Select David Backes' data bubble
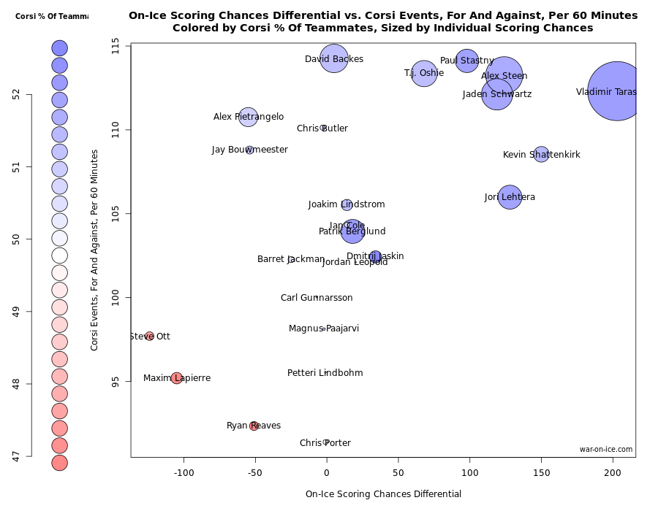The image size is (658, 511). pyautogui.click(x=334, y=58)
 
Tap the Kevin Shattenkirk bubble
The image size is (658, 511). pyautogui.click(x=541, y=154)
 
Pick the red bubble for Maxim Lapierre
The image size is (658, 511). pyautogui.click(x=176, y=378)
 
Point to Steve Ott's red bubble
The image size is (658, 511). pyautogui.click(x=149, y=337)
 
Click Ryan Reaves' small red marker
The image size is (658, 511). pyautogui.click(x=254, y=426)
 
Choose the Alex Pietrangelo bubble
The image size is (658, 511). pyautogui.click(x=248, y=117)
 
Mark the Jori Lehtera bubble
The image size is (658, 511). pyautogui.click(x=510, y=197)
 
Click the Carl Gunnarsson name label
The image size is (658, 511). pyautogui.click(x=317, y=298)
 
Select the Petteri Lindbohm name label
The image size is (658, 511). pyautogui.click(x=325, y=373)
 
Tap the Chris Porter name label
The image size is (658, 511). pyautogui.click(x=325, y=443)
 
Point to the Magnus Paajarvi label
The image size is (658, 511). pyautogui.click(x=324, y=328)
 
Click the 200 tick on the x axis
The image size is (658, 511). pyautogui.click(x=613, y=472)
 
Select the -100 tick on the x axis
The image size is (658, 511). pyautogui.click(x=184, y=472)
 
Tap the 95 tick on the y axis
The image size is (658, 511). pyautogui.click(x=116, y=381)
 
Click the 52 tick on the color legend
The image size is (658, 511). pyautogui.click(x=18, y=94)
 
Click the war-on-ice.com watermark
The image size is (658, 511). pyautogui.click(x=606, y=450)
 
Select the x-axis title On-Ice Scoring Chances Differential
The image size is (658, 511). pyautogui.click(x=383, y=494)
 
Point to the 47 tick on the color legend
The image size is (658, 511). pyautogui.click(x=18, y=456)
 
